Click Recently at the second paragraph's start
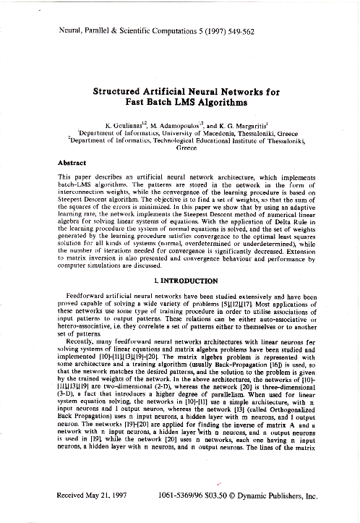[82, 345]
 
